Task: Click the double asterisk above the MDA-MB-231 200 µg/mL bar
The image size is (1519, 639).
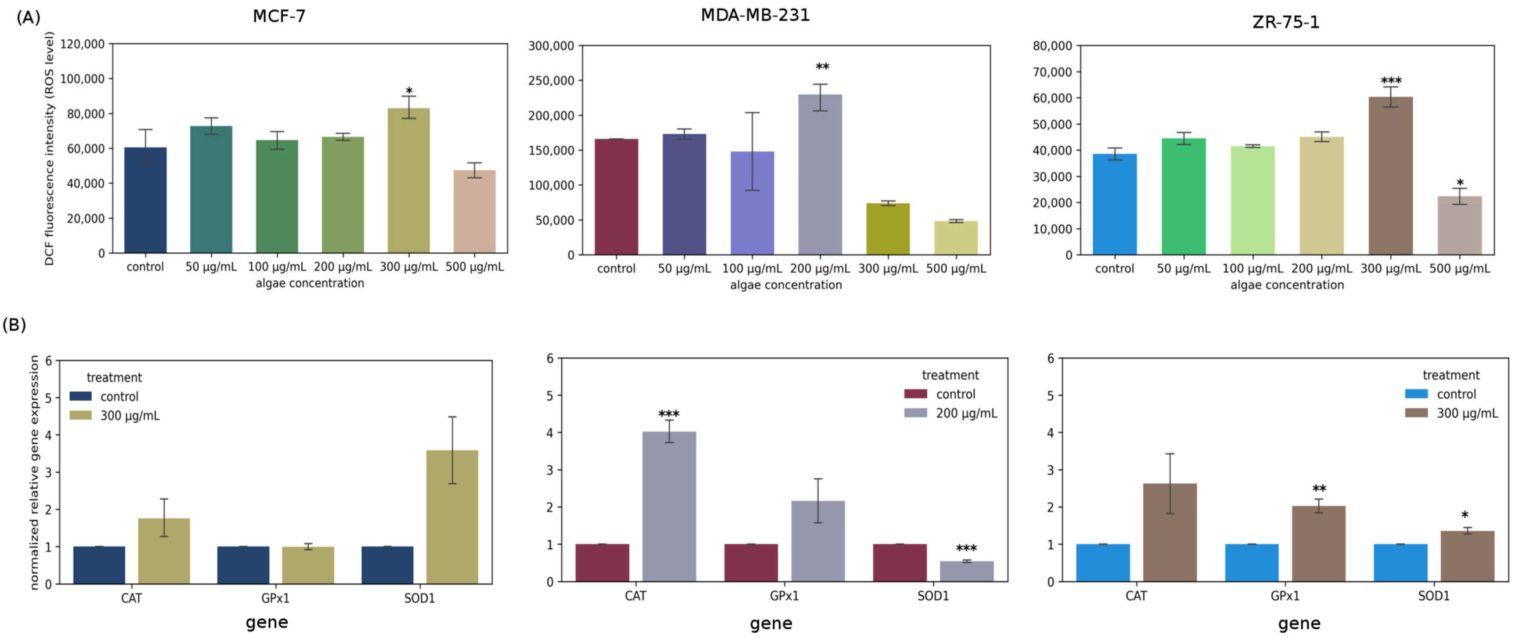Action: [x=822, y=66]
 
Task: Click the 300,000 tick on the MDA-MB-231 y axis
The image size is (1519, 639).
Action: [x=551, y=46]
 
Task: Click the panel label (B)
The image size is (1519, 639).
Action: [x=14, y=325]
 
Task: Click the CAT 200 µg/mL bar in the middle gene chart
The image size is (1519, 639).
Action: [x=669, y=506]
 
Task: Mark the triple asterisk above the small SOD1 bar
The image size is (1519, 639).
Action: [x=966, y=548]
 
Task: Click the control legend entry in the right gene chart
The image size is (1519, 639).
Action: [x=1455, y=394]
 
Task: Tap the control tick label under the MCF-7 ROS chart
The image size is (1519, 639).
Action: [x=145, y=267]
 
